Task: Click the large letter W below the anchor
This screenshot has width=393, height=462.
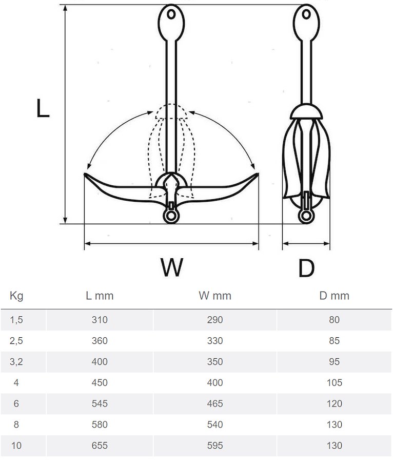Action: point(171,267)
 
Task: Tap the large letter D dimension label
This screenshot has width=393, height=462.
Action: point(306,267)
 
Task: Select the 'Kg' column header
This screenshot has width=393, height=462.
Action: point(16,296)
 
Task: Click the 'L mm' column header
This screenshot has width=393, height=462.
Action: point(100,296)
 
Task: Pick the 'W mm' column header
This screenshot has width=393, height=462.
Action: point(215,296)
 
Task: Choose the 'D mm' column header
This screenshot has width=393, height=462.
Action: point(334,296)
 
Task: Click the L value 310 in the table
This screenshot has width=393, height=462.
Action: point(100,320)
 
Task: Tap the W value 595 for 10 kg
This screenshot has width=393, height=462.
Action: point(215,446)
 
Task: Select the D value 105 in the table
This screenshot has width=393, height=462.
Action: point(334,383)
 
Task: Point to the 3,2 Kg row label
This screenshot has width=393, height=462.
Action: point(16,362)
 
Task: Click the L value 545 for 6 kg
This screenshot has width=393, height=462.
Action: point(100,404)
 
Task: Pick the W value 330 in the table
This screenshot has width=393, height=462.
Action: point(215,341)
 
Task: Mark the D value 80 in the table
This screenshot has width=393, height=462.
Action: point(334,320)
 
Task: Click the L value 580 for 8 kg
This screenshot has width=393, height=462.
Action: point(100,425)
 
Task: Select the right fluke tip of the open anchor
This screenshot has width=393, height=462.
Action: point(257,175)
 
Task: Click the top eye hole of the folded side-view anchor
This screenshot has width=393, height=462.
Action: point(306,14)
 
